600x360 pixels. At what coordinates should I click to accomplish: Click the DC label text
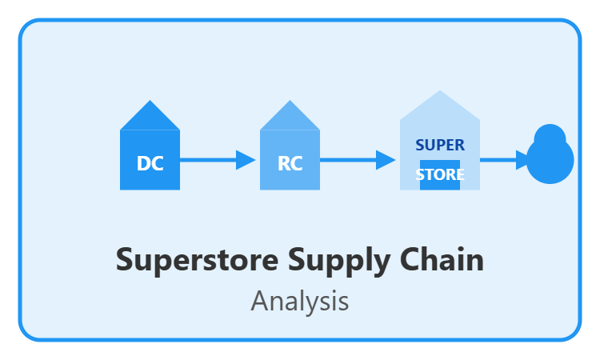[x=150, y=163]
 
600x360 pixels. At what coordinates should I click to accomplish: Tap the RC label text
[x=290, y=163]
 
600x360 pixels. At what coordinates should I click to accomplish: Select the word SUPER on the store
[x=440, y=145]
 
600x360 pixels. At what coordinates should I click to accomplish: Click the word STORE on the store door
[x=440, y=174]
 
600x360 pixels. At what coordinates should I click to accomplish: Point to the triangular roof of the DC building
[x=150, y=118]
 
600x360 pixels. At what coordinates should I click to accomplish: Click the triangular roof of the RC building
[x=290, y=118]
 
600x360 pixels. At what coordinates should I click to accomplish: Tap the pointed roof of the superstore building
[x=440, y=109]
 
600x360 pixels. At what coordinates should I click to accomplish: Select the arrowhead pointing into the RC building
[x=244, y=160]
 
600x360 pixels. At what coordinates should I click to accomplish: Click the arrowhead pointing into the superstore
[x=384, y=160]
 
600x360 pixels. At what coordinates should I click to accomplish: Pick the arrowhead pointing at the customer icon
[x=522, y=160]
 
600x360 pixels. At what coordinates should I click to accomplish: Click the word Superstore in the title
[x=197, y=260]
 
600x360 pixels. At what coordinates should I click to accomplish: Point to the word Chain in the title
[x=442, y=259]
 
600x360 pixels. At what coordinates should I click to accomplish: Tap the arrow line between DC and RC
[x=208, y=160]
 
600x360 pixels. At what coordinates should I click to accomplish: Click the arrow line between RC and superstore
[x=348, y=160]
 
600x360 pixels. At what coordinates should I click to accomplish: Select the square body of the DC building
[x=150, y=160]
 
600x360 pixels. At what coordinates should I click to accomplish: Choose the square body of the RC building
[x=290, y=160]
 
